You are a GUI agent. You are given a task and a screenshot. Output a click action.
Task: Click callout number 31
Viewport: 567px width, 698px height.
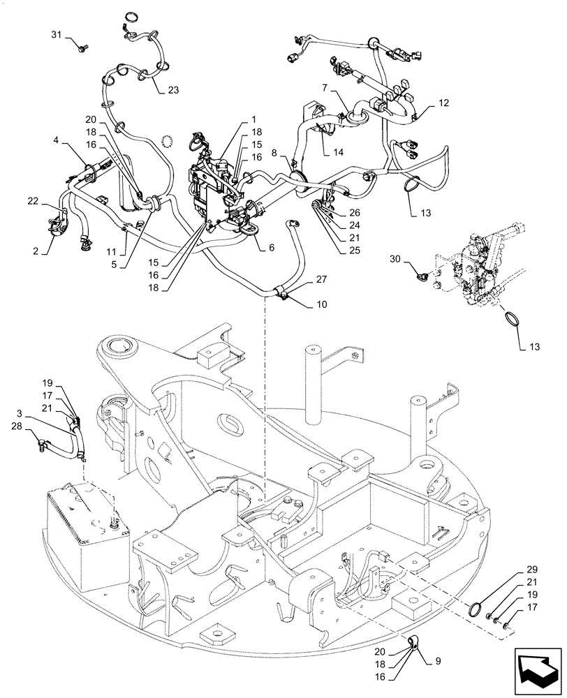(57, 35)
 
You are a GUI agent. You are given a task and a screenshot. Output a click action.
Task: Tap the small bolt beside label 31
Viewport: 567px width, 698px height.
(83, 47)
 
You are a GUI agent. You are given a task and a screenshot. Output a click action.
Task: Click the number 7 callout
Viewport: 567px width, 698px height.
(324, 88)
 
